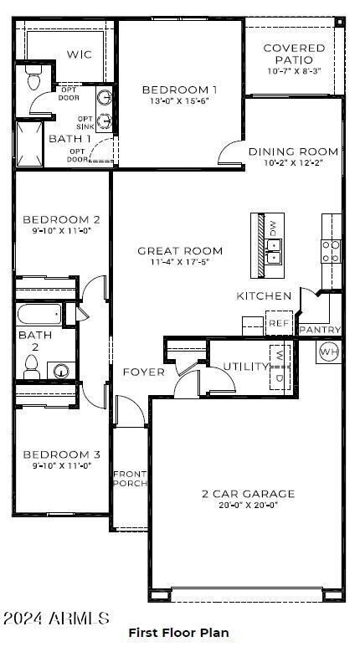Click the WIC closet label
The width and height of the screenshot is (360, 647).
coord(80,54)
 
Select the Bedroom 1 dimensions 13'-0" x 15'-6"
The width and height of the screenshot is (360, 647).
coord(179,101)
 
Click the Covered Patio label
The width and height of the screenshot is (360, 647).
coord(294,54)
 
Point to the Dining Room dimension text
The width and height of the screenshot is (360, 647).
coord(293,163)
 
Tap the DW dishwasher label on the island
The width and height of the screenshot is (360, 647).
coord(272,226)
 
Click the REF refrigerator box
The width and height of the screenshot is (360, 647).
coord(277,323)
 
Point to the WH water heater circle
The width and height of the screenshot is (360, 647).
coord(328,351)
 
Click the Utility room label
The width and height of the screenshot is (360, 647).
coord(246,367)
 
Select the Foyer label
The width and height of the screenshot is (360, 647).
coord(144,372)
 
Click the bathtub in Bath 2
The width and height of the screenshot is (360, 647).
coord(51,316)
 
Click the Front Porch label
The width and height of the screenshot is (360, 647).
coord(130,478)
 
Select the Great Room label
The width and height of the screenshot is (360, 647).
coord(180,250)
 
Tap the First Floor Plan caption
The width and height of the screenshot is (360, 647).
coord(178,633)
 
